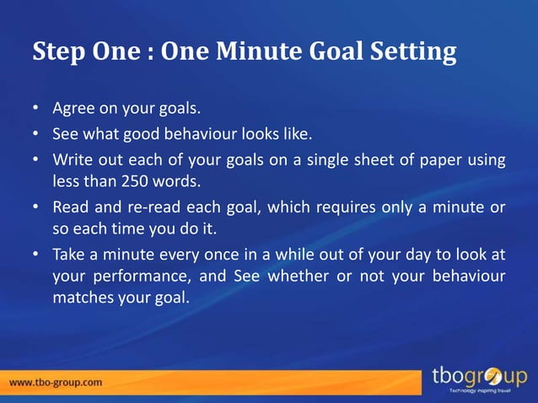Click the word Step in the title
tap(57, 53)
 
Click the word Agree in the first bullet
tap(72, 109)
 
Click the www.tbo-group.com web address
tap(56, 381)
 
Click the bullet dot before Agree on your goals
tap(36, 110)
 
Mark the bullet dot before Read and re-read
tap(36, 207)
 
